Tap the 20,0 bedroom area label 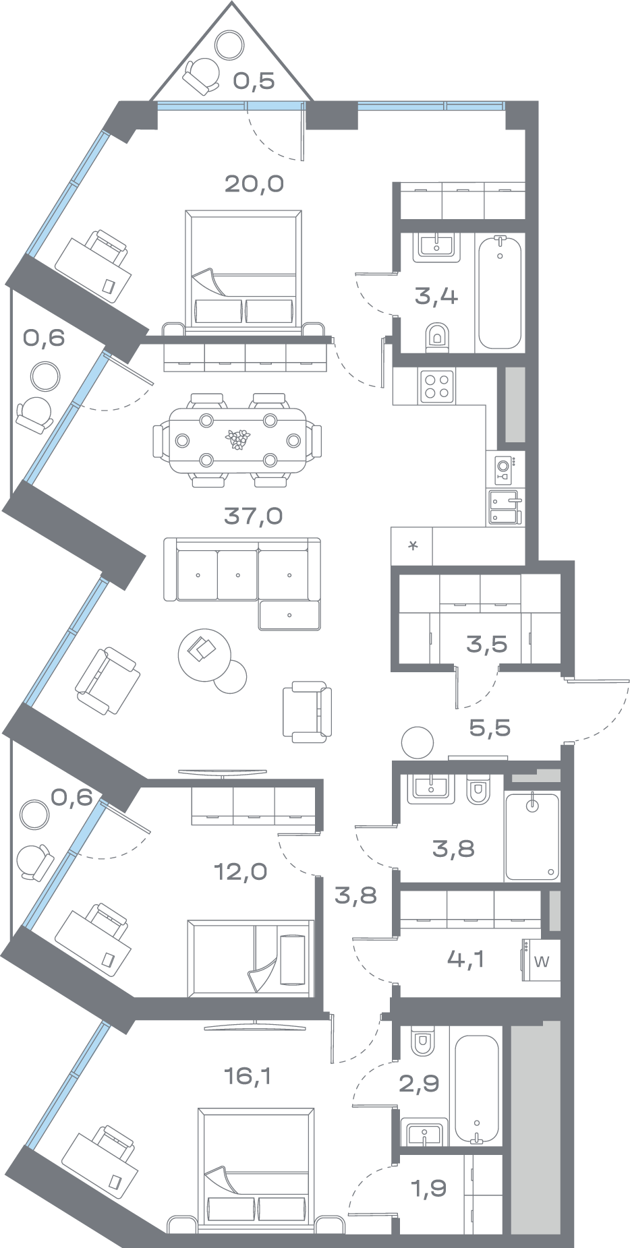(254, 183)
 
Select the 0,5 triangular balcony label (254, 81)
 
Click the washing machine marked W (542, 961)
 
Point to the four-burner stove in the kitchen (437, 386)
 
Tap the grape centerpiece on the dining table (237, 440)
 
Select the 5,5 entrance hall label (490, 727)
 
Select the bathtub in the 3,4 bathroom (500, 291)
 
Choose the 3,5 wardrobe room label (486, 643)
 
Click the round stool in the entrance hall (416, 742)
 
